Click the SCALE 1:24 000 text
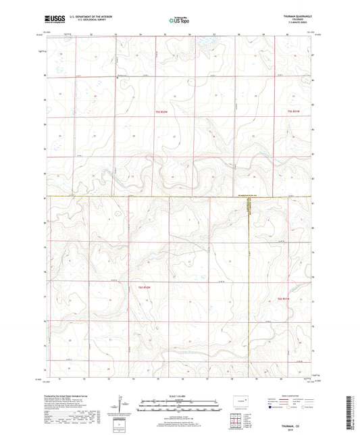point(179,395)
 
